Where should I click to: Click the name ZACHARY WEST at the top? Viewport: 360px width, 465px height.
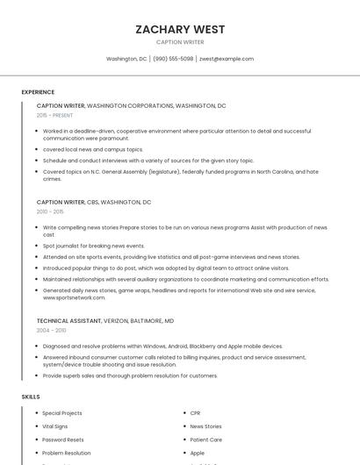coord(180,29)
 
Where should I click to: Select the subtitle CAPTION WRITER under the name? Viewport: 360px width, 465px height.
coord(180,42)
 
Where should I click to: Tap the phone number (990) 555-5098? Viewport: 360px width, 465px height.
coord(173,59)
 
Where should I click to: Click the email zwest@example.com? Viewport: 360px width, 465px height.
coord(227,59)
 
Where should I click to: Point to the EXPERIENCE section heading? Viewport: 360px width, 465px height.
coord(38,92)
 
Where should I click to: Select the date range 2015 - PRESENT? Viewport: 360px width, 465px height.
coord(54,115)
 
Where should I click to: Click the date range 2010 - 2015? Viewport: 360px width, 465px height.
coord(50,211)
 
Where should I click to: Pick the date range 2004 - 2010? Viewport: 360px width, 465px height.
coord(51,330)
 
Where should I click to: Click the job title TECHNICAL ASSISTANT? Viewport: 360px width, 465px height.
coord(69,320)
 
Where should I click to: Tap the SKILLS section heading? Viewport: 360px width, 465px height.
coord(31,397)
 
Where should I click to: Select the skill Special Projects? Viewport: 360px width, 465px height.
coord(62,413)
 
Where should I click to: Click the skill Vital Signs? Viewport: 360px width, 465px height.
coord(54,426)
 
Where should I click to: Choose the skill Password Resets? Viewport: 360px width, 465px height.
coord(63,440)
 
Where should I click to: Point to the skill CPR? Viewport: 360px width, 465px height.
coord(195,413)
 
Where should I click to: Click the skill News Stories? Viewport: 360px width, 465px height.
coord(205,426)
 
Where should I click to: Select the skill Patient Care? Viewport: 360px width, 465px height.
coord(205,440)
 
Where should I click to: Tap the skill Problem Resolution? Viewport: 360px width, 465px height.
coord(66,453)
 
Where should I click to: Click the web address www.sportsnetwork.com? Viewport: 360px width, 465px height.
coord(74,297)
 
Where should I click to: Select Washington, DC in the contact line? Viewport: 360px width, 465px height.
coord(126,59)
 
